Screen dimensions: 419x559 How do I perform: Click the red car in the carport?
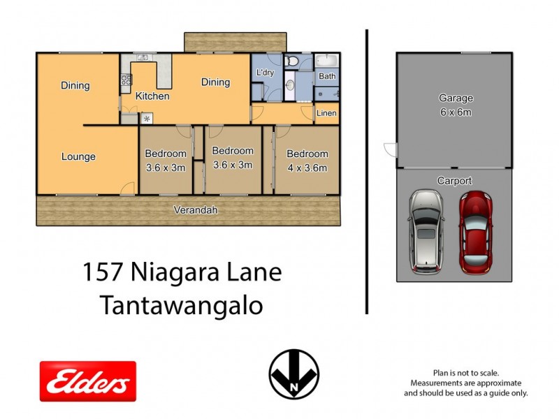pos(475,233)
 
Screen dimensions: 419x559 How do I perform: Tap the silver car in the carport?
pos(426,231)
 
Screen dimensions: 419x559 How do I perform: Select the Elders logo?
pos(87,381)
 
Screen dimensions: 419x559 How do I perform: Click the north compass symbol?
pos(294,374)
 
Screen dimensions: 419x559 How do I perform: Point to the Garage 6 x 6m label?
pos(456,105)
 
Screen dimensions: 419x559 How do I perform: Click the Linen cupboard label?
pos(326,113)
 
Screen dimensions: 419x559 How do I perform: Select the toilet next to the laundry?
pos(293,62)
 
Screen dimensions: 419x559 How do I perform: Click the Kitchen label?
pos(152,96)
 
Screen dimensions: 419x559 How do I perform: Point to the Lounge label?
pos(78,156)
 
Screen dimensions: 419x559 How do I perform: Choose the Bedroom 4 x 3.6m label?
pos(307,161)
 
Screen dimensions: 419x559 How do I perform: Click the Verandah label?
pos(196,209)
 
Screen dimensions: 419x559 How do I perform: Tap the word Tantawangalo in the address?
pos(182,306)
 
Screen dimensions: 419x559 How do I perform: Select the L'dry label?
pos(265,73)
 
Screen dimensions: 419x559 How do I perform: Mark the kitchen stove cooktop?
pos(126,80)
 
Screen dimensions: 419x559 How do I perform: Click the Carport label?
pos(455,181)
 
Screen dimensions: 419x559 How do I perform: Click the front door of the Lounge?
pos(127,188)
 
